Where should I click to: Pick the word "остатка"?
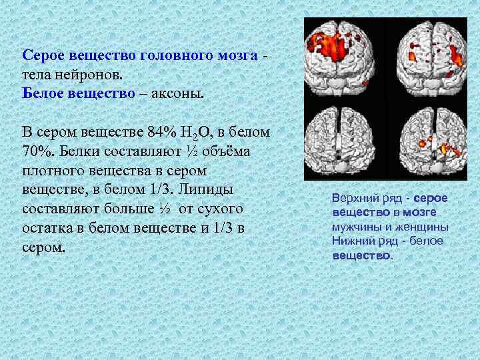48,229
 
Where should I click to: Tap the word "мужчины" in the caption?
357,227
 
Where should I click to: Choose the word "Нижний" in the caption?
354,241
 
